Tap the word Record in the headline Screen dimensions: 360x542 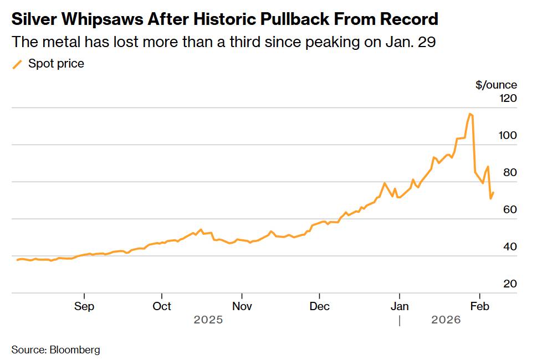coord(409,20)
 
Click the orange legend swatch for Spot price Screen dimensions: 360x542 coord(18,64)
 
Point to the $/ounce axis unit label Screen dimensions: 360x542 coord(496,85)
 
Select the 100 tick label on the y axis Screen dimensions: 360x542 coord(508,136)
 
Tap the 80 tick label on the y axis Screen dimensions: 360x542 coord(510,173)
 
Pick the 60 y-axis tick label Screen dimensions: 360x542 coord(510,210)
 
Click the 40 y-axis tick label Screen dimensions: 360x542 coord(510,247)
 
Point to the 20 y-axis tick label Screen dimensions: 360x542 coord(510,284)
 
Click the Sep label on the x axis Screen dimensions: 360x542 coord(84,306)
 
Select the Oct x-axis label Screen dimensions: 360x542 coord(162,306)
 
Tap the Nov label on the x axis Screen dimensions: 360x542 coord(242,306)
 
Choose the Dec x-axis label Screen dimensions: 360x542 coord(320,306)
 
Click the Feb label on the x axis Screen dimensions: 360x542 coord(479,306)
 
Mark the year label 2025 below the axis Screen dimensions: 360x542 coord(208,320)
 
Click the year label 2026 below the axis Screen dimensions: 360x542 coord(446,320)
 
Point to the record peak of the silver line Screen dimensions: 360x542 coord(470,114)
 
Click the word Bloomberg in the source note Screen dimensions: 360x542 coord(75,350)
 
